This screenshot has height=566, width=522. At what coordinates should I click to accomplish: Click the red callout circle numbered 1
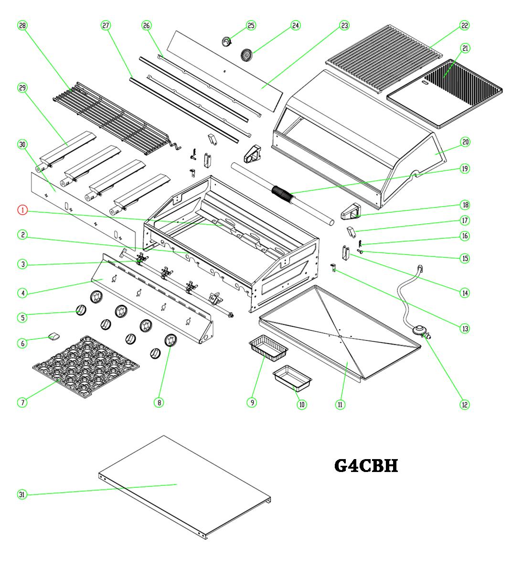click(x=22, y=210)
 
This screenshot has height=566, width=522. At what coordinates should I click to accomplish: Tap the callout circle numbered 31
click(x=22, y=494)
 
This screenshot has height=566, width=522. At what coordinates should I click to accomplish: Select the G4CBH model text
click(x=366, y=465)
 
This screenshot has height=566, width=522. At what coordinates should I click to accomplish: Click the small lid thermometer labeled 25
click(x=227, y=42)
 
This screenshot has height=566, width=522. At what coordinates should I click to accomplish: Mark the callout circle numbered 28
click(x=22, y=25)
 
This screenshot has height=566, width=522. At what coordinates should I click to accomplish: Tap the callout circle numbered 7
click(x=22, y=402)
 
